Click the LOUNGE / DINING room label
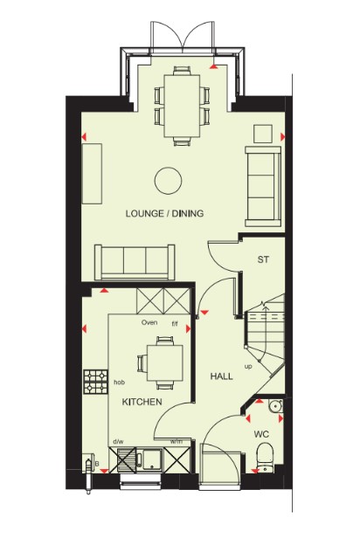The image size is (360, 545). click(164, 213)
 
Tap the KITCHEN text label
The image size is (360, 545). click(142, 402)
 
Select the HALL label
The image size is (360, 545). click(222, 376)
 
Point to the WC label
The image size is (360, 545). click(261, 434)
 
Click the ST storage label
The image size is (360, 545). click(263, 259)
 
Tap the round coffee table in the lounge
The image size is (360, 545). click(169, 181)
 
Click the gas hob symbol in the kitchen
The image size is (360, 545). click(95, 382)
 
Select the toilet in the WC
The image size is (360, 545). click(265, 457)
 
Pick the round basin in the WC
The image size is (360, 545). click(276, 405)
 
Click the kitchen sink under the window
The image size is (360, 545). click(149, 459)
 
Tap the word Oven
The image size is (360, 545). click(149, 322)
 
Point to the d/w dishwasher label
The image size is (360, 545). click(118, 442)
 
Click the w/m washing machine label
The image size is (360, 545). click(176, 442)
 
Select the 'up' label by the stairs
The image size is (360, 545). click(248, 366)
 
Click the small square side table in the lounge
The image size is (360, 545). click(263, 134)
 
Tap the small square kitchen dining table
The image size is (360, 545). click(165, 362)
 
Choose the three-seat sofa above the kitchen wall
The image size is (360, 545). click(135, 262)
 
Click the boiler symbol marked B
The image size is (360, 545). click(88, 465)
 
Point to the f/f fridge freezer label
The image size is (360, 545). click(175, 324)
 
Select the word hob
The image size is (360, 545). click(120, 383)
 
